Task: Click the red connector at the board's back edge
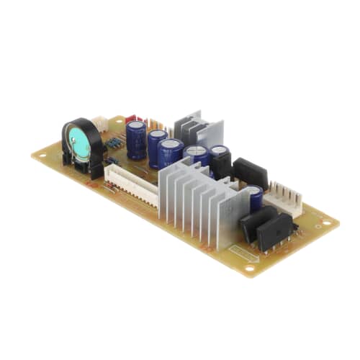(132, 120)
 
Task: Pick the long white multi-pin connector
(130, 184)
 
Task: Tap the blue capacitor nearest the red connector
(136, 138)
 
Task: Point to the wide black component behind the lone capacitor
(251, 173)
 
